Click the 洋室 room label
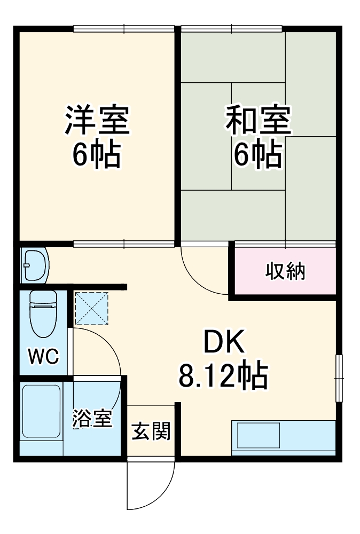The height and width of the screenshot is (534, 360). [97, 120]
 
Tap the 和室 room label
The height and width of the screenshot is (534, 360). [258, 120]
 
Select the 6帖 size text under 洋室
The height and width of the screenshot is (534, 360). [97, 154]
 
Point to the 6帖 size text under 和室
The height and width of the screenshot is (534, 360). [258, 154]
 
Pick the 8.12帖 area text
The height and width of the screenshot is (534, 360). [223, 377]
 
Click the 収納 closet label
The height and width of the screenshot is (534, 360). [285, 271]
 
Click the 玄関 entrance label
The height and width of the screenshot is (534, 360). [151, 430]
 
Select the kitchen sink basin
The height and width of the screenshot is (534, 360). [259, 435]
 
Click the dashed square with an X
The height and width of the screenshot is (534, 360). [91, 308]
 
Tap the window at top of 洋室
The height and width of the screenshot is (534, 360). [124, 28]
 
